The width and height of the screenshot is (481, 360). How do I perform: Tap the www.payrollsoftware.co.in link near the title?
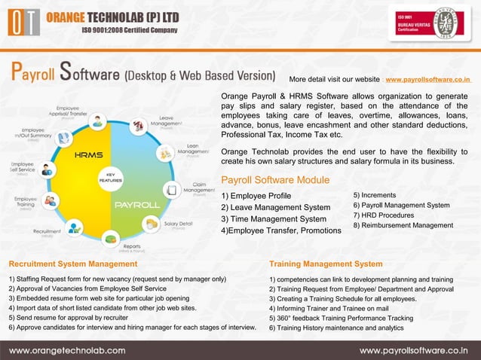click(427, 78)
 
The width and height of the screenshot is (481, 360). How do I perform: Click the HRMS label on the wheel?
click(88, 155)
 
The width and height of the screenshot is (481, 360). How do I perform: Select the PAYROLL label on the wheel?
click(136, 204)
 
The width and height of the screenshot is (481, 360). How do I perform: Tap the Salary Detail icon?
click(151, 223)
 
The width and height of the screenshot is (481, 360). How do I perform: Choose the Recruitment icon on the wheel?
click(75, 226)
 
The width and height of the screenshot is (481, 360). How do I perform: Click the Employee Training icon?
click(51, 201)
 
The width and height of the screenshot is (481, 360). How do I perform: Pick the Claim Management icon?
click(172, 190)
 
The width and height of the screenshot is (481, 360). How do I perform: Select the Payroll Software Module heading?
click(274, 180)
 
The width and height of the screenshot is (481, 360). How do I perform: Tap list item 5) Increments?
click(374, 195)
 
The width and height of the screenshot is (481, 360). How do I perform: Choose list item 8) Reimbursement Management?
click(403, 225)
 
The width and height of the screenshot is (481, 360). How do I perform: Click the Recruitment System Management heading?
click(72, 264)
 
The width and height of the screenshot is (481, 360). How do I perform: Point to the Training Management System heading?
click(326, 264)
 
